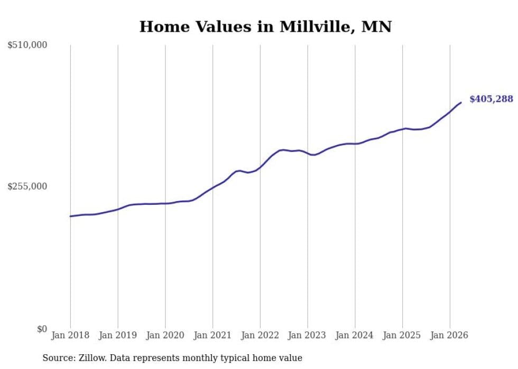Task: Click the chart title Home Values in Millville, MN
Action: (265, 26)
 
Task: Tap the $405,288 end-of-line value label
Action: (491, 99)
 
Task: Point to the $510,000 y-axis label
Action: (27, 45)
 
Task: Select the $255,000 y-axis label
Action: (27, 186)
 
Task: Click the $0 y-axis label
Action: (42, 329)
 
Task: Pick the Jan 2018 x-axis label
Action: (70, 335)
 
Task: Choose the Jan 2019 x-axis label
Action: (118, 335)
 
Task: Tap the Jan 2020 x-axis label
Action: (165, 335)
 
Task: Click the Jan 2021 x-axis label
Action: (212, 335)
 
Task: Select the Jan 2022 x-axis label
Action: (260, 335)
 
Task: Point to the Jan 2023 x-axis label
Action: (307, 335)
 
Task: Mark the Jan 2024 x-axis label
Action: (355, 335)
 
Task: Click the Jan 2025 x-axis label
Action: (402, 335)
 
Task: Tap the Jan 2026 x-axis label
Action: (449, 335)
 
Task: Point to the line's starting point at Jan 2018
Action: (70, 216)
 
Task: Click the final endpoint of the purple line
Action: (461, 102)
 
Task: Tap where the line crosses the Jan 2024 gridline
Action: (355, 144)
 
